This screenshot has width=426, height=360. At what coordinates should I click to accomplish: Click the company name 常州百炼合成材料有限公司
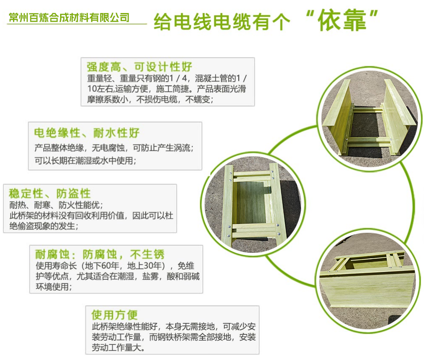(69, 18)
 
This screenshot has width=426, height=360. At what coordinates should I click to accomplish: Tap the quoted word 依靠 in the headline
(342, 20)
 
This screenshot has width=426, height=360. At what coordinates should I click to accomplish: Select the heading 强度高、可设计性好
(139, 67)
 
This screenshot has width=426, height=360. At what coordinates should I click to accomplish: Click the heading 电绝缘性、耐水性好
(87, 133)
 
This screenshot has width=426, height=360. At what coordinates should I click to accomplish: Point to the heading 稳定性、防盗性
(50, 194)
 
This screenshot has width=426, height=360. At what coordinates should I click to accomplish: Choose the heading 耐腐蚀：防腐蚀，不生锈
(100, 255)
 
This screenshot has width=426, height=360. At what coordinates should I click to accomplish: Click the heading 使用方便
(114, 315)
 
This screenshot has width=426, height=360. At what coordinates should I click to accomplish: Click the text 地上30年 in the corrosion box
(145, 266)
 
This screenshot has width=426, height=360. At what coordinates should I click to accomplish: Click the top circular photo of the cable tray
(370, 118)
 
